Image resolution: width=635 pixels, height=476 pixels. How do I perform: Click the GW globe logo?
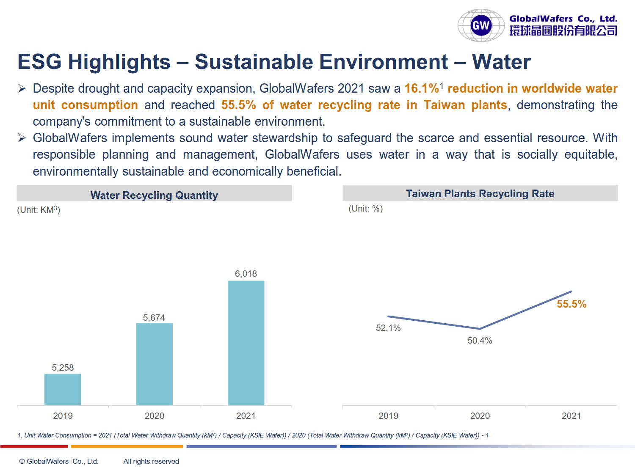coord(481,25)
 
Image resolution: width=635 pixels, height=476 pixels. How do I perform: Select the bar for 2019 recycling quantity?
coord(63,389)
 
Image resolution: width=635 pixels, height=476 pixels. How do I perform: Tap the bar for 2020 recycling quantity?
coord(154,364)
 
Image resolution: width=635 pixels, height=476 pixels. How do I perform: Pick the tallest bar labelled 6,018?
coord(246,343)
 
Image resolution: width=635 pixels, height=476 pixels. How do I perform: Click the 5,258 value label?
coord(63,368)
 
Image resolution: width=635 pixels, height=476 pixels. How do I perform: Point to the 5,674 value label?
coord(154,318)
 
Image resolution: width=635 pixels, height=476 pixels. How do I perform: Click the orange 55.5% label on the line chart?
coord(571,304)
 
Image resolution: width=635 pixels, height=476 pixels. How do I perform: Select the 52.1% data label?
coord(388,328)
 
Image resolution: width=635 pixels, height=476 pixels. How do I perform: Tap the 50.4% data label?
coord(480,341)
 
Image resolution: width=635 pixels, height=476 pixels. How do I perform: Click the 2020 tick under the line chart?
coord(480,416)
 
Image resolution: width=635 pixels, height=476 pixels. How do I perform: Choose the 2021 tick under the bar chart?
coord(246,416)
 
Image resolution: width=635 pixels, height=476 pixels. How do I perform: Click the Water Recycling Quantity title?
coord(154,195)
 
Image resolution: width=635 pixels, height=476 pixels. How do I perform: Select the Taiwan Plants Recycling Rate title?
coord(480,194)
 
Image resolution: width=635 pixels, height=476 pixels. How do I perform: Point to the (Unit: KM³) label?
coord(39,210)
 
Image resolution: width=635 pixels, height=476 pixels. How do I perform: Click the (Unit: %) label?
coord(365,209)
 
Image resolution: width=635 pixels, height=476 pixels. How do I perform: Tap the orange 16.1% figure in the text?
coord(422,88)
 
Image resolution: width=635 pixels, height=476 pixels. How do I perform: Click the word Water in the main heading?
coord(501,62)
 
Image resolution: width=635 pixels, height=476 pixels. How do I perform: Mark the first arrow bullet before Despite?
coord(22,88)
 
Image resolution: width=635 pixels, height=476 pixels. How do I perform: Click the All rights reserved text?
coord(151,461)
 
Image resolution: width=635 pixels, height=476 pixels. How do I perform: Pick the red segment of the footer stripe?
coord(34,446)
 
